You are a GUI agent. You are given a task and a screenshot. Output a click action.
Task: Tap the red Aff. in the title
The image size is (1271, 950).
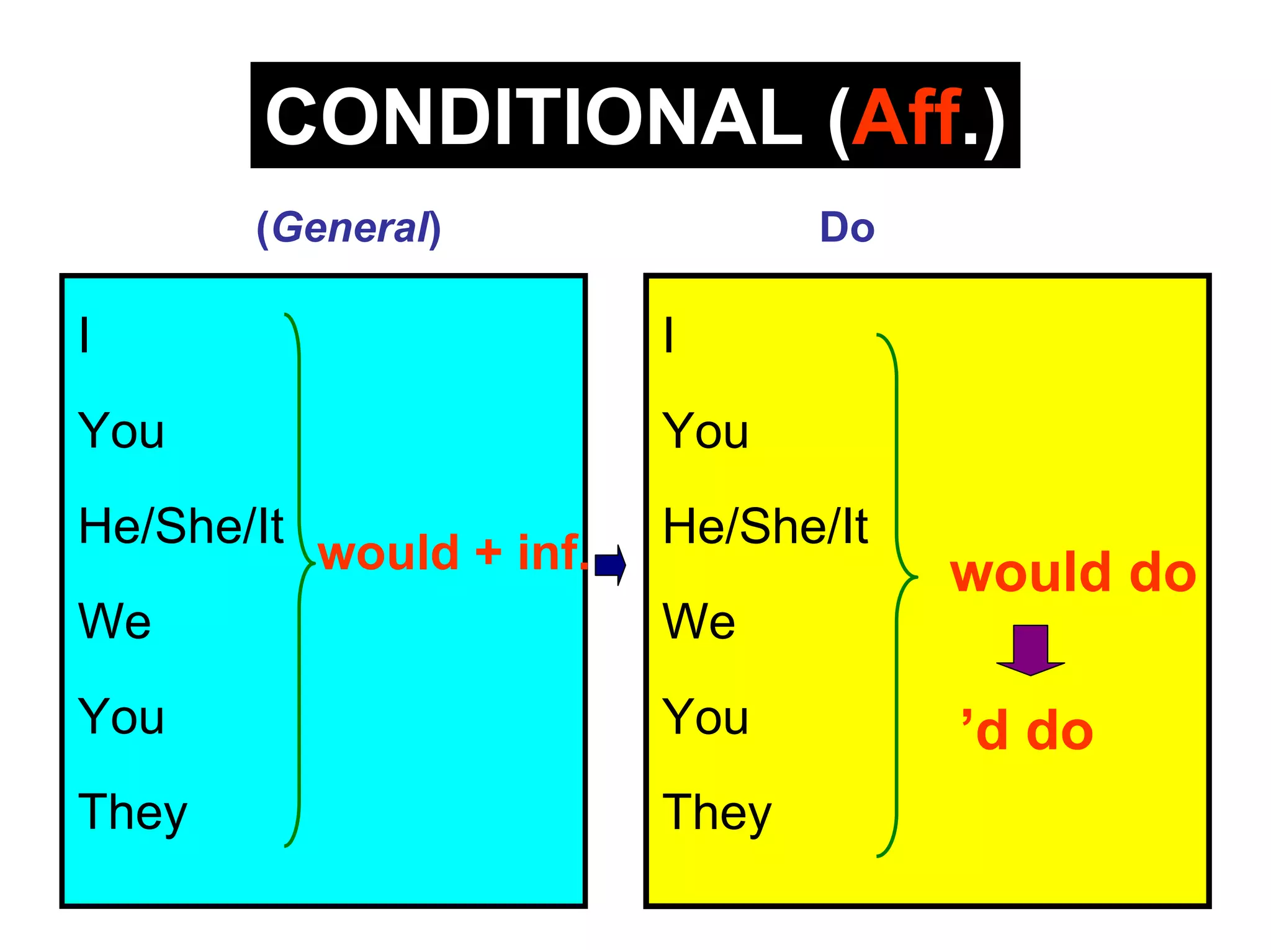point(907,117)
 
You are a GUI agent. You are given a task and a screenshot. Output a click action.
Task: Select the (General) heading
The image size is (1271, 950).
point(349,228)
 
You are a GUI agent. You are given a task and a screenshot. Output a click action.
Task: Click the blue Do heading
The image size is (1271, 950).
point(847,228)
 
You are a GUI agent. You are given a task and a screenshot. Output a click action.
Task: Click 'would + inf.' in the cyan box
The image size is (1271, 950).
point(451,552)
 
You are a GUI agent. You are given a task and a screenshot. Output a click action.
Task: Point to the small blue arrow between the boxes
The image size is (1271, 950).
point(610,565)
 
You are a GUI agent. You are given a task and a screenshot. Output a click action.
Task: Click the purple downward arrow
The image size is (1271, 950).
point(1030,649)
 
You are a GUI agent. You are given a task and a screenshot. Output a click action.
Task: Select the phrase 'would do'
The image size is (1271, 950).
point(1072,573)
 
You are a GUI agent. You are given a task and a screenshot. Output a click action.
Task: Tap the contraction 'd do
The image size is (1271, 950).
point(1027,731)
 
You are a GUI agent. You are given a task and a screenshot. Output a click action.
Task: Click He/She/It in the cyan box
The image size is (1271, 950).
point(181,526)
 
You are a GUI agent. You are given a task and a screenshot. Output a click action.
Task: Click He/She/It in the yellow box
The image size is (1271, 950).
point(765,526)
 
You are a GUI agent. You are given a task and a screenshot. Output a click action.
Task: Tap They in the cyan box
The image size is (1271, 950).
point(133,812)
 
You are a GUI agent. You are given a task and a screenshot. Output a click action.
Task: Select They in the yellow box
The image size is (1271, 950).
point(717,812)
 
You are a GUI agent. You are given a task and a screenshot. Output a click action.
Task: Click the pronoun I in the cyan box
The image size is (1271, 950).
point(84,335)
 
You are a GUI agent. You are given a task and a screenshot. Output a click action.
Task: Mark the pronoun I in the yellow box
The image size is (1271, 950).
point(668,335)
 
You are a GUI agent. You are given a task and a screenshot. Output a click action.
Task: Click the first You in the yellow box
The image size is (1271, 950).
point(706,431)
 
